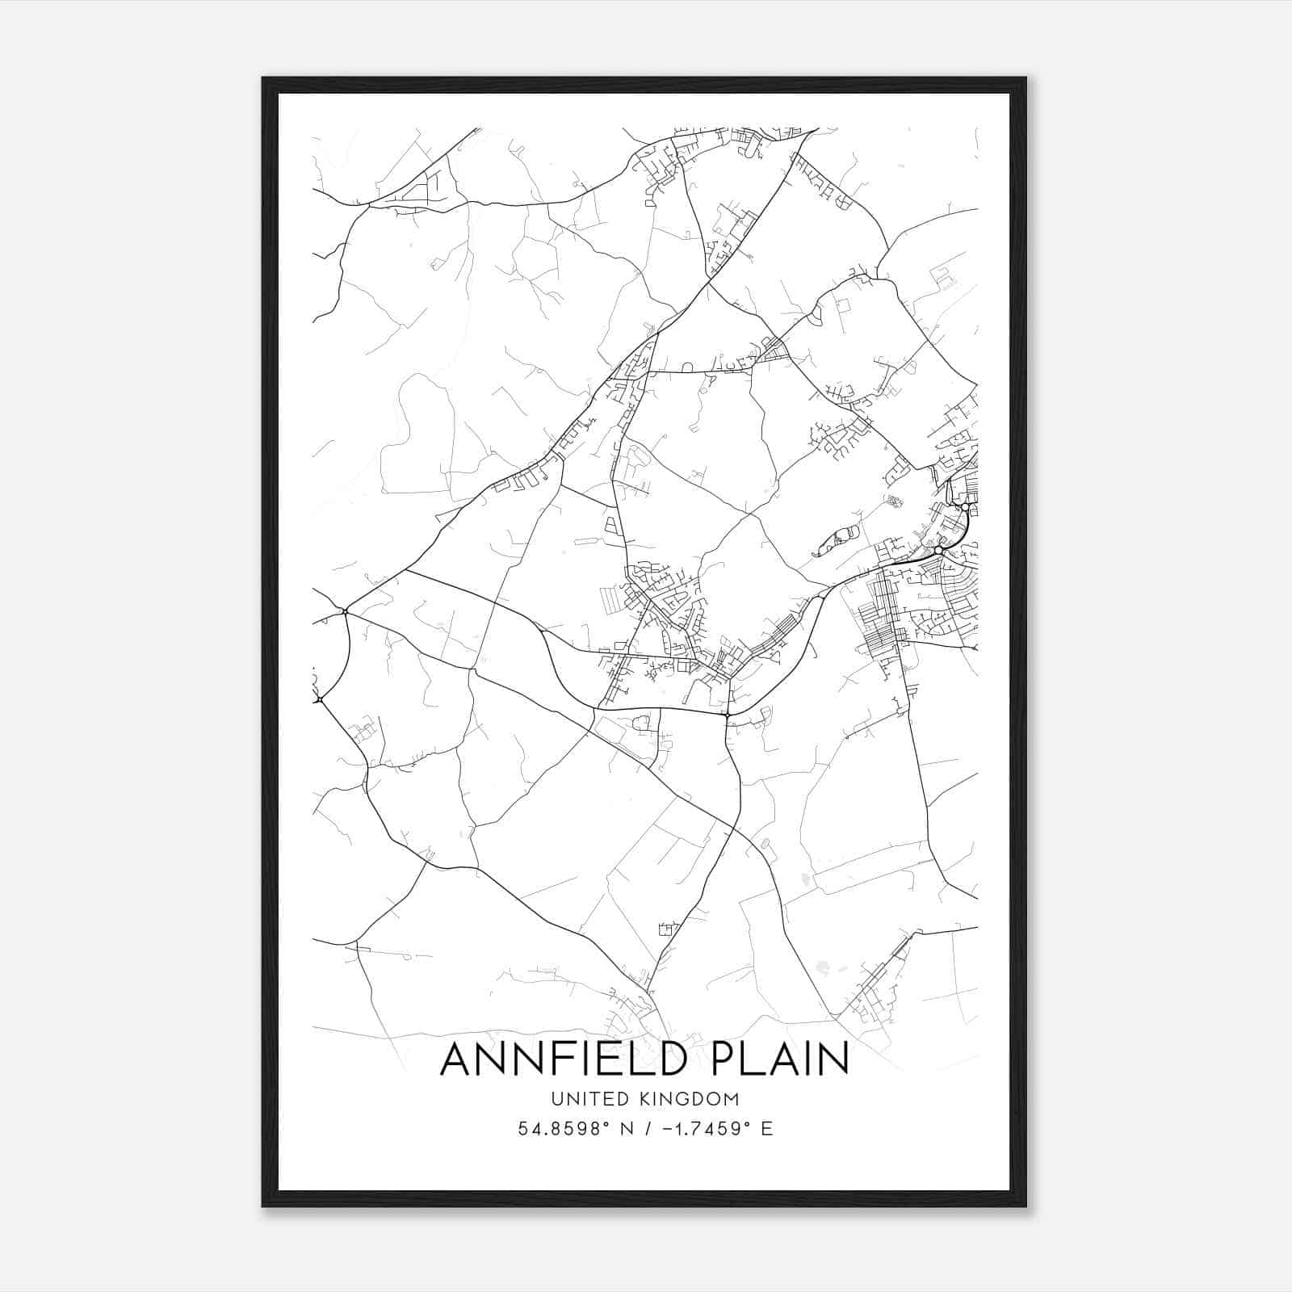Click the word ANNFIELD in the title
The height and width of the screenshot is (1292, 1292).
(556, 1059)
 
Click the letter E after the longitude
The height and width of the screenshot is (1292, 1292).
(766, 1129)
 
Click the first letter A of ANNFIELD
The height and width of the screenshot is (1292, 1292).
(458, 1059)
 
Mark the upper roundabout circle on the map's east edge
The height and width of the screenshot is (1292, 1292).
(965, 506)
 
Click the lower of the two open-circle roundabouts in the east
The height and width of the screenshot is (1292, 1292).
(938, 550)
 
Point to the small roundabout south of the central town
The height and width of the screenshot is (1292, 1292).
(727, 715)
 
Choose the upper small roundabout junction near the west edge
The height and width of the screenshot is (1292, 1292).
(345, 611)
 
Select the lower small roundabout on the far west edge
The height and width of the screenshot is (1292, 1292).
(320, 698)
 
